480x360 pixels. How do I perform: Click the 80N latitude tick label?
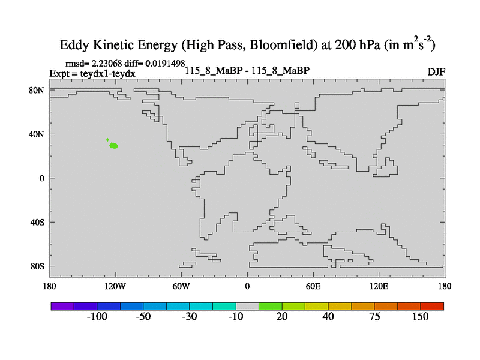(x=37, y=90)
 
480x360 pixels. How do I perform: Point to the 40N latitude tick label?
(x=37, y=134)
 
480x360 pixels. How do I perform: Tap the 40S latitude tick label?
(x=37, y=223)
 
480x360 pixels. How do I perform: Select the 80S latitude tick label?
(x=37, y=266)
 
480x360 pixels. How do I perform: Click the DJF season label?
(x=436, y=72)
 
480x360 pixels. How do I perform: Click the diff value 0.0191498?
(x=165, y=63)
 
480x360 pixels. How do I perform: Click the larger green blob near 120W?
(x=113, y=146)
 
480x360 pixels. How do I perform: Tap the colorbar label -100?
(x=97, y=317)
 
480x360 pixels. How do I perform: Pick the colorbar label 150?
(x=421, y=317)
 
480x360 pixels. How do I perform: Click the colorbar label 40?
(x=328, y=317)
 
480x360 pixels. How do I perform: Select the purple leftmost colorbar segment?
(x=62, y=306)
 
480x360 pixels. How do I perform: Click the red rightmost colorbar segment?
(x=432, y=306)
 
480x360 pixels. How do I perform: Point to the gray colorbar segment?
(x=247, y=306)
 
